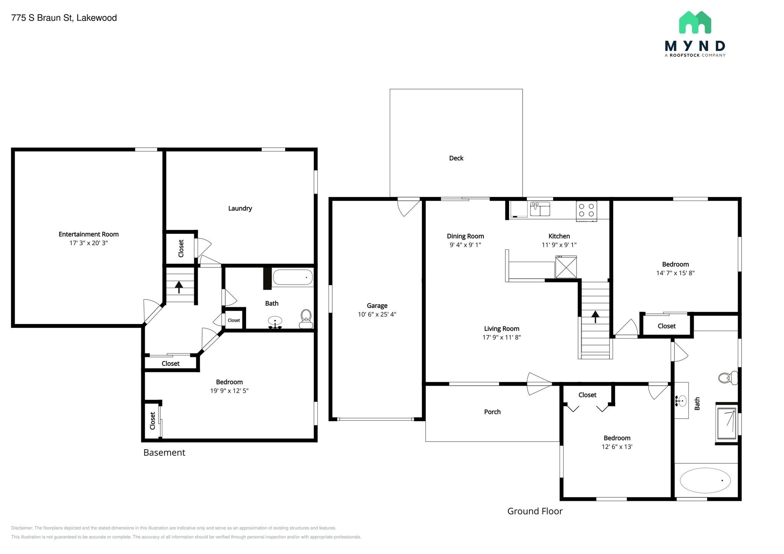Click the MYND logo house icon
pyautogui.click(x=695, y=22)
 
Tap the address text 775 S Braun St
pyautogui.click(x=42, y=18)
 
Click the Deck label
pyautogui.click(x=456, y=158)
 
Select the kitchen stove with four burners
pyautogui.click(x=586, y=211)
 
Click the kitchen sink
pyautogui.click(x=540, y=209)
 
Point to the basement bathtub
pyautogui.click(x=293, y=277)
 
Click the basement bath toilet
pyautogui.click(x=305, y=319)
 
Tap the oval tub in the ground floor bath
pyautogui.click(x=705, y=480)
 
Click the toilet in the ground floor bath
pyautogui.click(x=728, y=378)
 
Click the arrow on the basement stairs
pyautogui.click(x=179, y=287)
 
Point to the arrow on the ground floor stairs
pyautogui.click(x=595, y=316)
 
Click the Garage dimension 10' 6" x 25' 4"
pyautogui.click(x=377, y=314)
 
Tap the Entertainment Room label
pyautogui.click(x=88, y=234)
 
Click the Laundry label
pyautogui.click(x=240, y=209)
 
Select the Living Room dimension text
pyautogui.click(x=501, y=337)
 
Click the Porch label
pyautogui.click(x=492, y=412)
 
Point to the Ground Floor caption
pyautogui.click(x=535, y=511)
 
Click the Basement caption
pyautogui.click(x=164, y=453)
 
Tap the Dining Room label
pyautogui.click(x=465, y=236)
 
